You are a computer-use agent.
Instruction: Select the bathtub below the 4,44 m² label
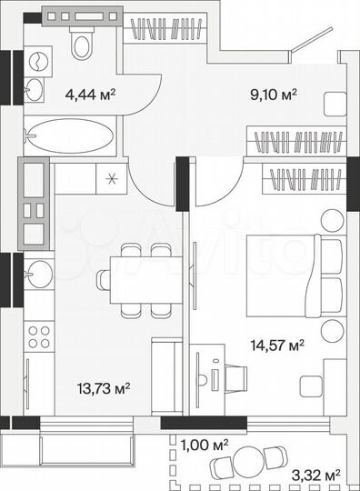tap(69, 138)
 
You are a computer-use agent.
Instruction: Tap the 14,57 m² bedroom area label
tap(278, 345)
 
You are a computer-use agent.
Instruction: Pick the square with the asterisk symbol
tap(112, 178)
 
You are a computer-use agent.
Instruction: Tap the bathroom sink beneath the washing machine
tap(33, 88)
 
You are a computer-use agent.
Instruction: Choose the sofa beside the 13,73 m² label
tap(166, 376)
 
